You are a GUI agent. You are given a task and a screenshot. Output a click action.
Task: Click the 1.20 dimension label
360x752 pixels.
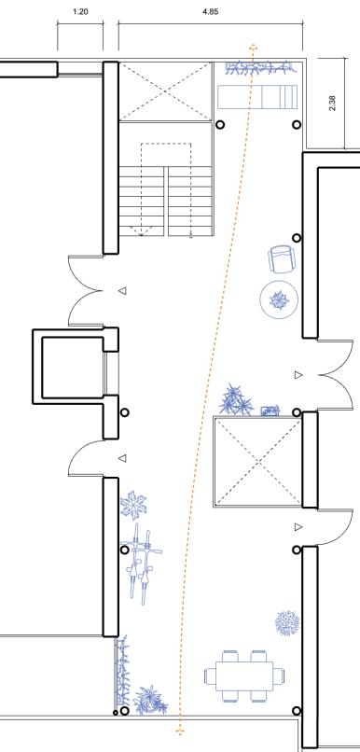pos(80,12)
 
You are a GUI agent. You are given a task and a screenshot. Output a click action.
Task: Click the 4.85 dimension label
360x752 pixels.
pos(211,12)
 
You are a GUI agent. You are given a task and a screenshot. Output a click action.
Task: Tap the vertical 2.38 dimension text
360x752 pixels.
pos(333,104)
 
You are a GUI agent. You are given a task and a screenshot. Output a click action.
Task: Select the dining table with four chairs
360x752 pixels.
pos(244,675)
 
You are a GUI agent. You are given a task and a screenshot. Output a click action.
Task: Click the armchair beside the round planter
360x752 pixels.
pos(281,259)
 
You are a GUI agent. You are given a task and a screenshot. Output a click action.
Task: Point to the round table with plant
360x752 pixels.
pos(279,300)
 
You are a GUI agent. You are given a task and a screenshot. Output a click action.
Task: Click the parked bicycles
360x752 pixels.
pos(141,564)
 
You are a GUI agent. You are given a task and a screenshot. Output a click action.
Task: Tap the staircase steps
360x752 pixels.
pos(165,201)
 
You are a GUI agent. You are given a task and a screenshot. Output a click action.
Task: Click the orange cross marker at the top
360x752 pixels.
pos(253,48)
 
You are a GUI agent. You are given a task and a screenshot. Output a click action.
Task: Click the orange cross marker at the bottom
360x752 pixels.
pos(180,731)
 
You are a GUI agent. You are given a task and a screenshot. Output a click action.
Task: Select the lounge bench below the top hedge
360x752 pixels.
pos(257,97)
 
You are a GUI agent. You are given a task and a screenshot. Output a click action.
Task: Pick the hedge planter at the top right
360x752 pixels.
pos(259,68)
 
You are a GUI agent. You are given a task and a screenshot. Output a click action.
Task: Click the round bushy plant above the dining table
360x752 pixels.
pos(287,623)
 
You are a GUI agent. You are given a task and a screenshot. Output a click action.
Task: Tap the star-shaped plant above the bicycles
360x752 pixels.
pos(133,505)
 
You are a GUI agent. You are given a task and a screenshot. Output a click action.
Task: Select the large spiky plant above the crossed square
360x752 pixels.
pos(236,399)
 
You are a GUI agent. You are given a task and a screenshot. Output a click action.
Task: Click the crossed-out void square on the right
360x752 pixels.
pos(258,462)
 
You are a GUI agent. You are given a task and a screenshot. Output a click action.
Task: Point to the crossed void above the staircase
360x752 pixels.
pos(165,91)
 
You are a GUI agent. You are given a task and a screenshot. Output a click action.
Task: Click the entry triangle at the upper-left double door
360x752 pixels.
pos(123,290)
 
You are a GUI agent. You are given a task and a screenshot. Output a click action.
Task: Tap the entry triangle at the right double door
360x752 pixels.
pos(298,374)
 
